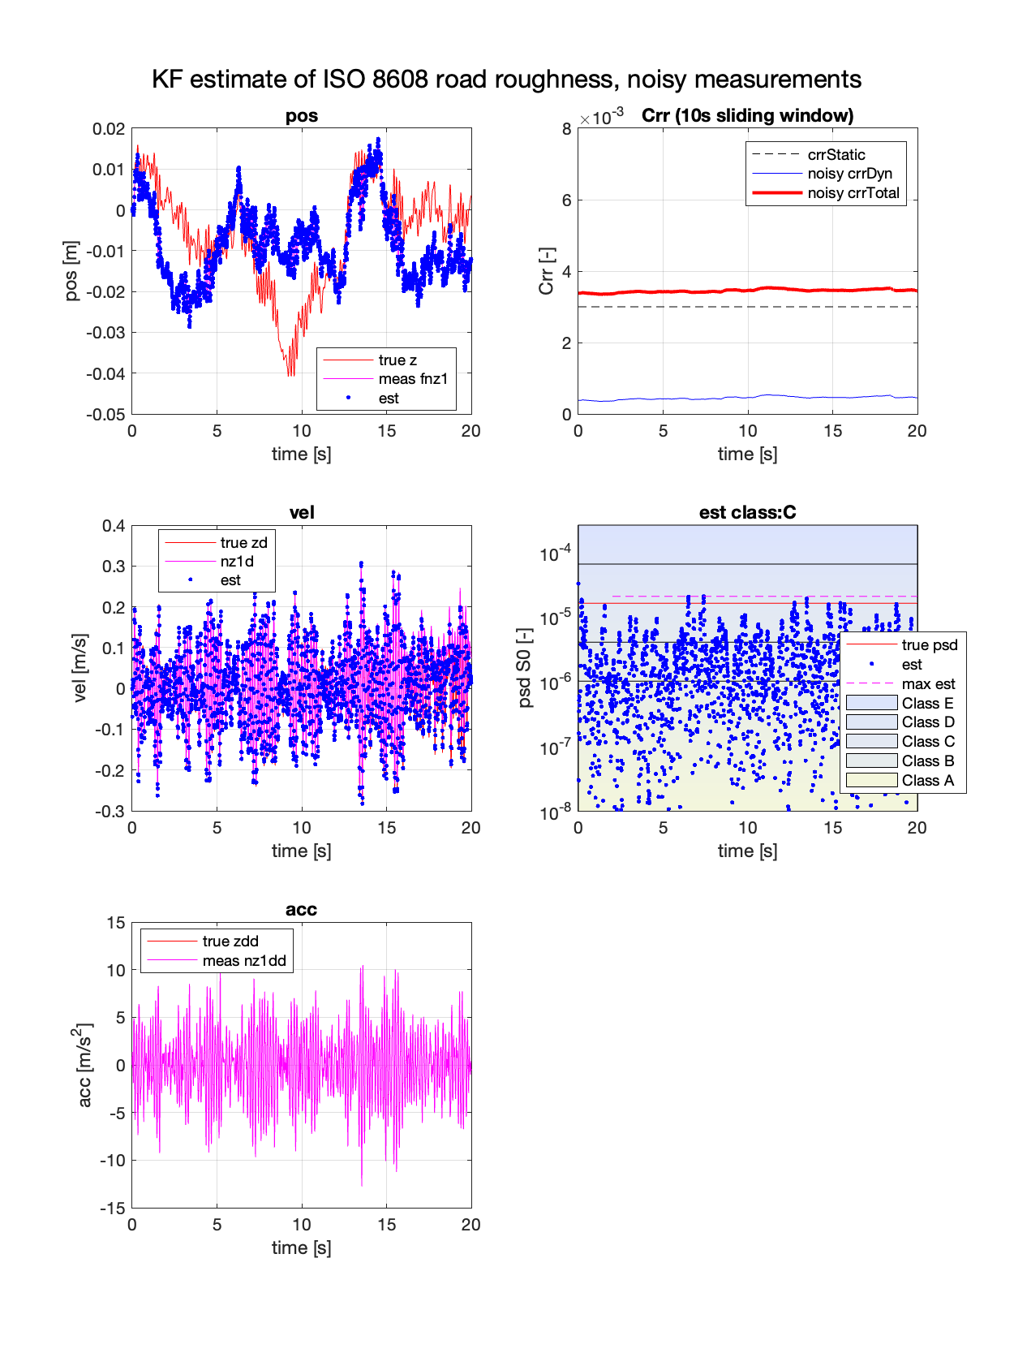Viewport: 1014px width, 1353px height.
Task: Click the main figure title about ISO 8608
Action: [506, 80]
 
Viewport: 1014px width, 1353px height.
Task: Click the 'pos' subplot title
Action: [301, 116]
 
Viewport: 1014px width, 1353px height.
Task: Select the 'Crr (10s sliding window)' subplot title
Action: [747, 116]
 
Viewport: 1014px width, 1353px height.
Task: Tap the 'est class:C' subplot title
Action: [747, 513]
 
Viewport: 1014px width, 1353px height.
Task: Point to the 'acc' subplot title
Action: [301, 910]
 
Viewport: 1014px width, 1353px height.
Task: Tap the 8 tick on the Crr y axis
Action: [566, 129]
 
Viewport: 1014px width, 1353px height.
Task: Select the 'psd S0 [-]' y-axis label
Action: [525, 668]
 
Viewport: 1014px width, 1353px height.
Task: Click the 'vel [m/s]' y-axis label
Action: [79, 668]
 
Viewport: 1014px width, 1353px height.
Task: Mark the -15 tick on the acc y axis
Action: [113, 1209]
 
